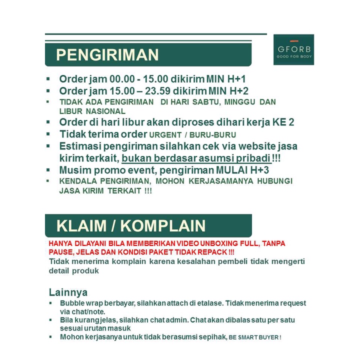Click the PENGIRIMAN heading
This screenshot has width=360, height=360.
point(107,55)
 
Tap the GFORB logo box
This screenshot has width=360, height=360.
point(293,50)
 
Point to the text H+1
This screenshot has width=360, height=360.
point(236,79)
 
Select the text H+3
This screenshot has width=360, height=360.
point(260,170)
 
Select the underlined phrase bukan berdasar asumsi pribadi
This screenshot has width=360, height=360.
point(196,158)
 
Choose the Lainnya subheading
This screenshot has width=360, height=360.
point(68,292)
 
